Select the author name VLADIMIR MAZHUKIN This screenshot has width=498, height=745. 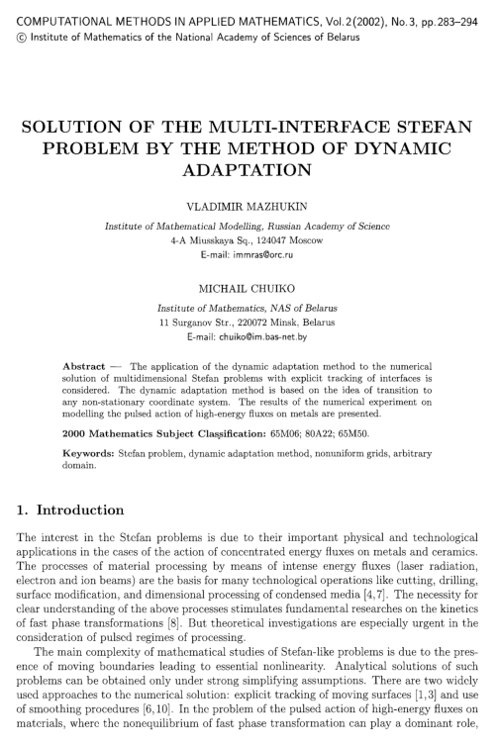[x=248, y=211]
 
